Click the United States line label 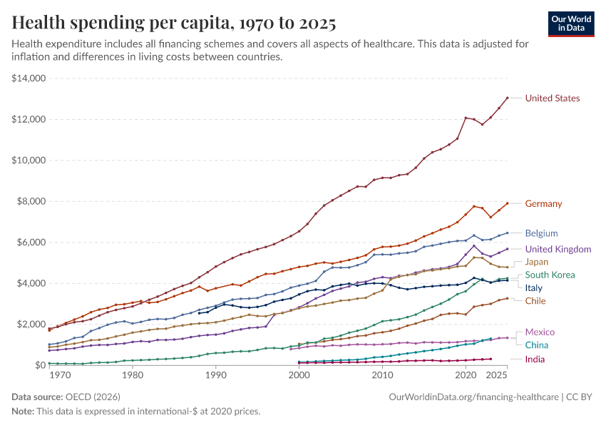tap(553, 98)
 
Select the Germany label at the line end tap(543, 204)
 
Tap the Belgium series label tap(541, 233)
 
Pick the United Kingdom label tap(558, 250)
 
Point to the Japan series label tap(537, 262)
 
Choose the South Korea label tap(550, 275)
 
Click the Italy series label tap(534, 288)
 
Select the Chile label tap(535, 301)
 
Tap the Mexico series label tap(540, 332)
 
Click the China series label tap(537, 345)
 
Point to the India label tap(535, 360)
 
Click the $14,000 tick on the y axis tap(29, 78)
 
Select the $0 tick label tap(40, 365)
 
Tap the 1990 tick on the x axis tap(215, 375)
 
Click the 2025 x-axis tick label tap(498, 375)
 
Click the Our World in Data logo tap(571, 24)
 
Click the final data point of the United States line tap(507, 98)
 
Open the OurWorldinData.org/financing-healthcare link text tap(474, 397)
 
